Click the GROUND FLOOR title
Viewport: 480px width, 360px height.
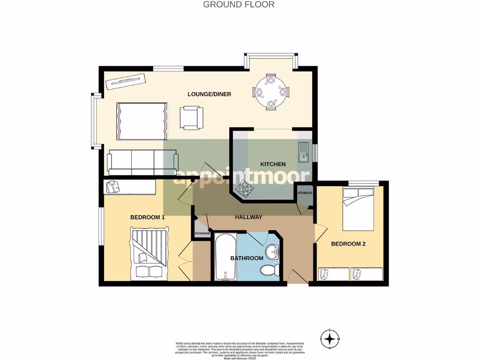(239, 5)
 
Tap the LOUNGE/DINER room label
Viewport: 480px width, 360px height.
(210, 94)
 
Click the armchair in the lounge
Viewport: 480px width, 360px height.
(191, 117)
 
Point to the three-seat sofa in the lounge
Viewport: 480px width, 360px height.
(143, 162)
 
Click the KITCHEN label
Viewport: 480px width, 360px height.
(273, 164)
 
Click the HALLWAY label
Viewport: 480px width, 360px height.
(248, 217)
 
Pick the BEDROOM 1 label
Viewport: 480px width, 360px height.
(147, 217)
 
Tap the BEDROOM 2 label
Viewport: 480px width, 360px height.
(348, 244)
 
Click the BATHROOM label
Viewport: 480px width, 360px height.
(247, 258)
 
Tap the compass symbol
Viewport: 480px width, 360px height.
(330, 338)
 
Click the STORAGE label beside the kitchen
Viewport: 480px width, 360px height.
(305, 193)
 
